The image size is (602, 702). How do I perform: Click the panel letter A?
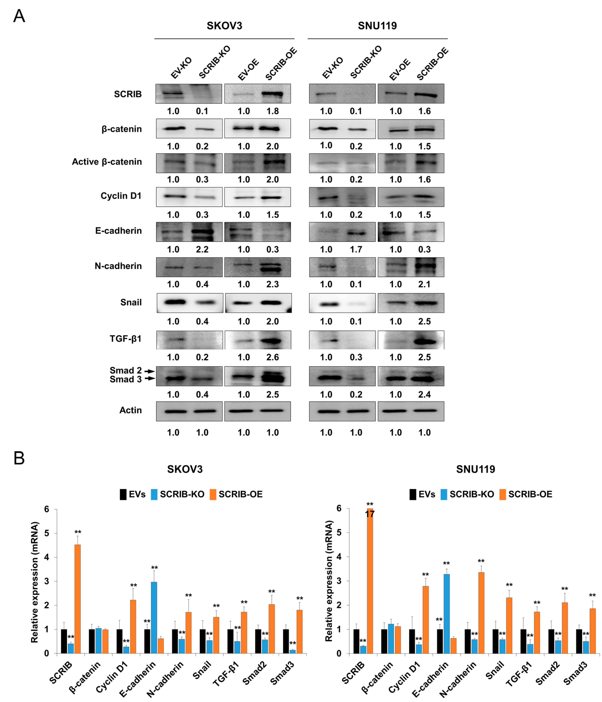coord(19,16)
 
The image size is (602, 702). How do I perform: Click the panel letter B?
coord(19,458)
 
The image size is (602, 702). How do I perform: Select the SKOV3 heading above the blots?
coord(224,26)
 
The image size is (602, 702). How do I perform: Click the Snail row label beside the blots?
coord(131,302)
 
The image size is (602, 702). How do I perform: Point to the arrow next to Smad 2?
coord(149,371)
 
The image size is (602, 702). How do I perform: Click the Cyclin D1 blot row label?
coord(121,196)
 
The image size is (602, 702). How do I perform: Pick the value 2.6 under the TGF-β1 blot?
coord(272,357)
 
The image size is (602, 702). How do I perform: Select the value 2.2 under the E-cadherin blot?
coord(202,250)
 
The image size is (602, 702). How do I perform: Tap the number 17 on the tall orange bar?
coord(370,514)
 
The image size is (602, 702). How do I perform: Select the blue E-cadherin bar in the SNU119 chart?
coord(446,613)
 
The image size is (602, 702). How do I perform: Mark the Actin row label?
coord(130,410)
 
